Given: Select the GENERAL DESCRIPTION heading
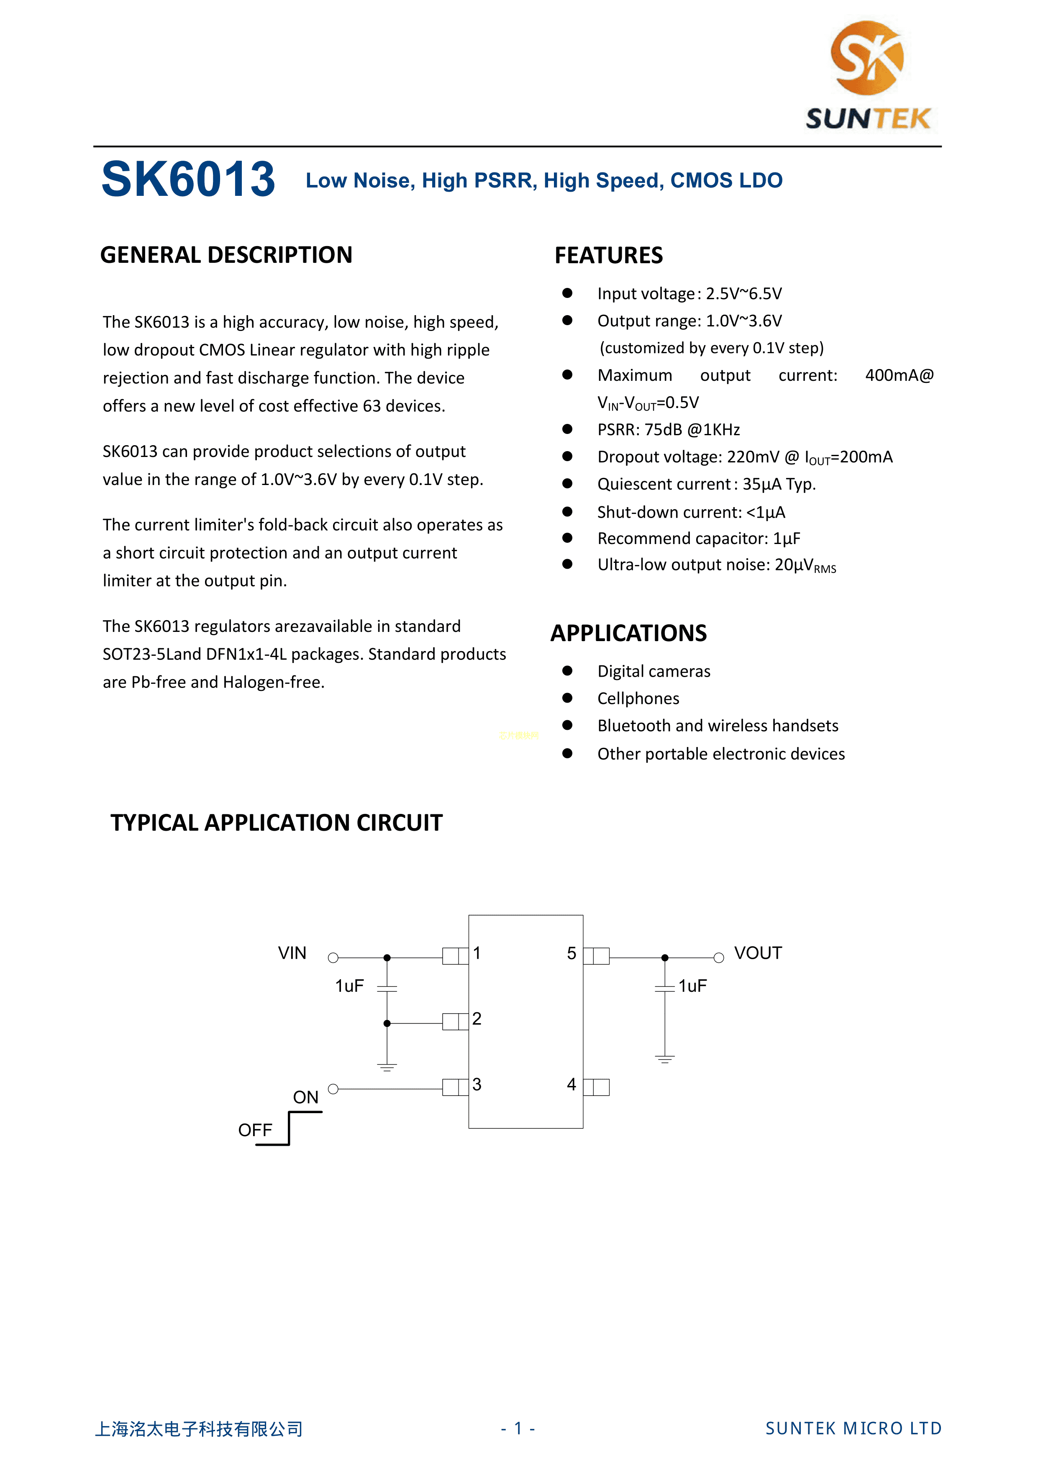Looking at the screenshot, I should click(226, 255).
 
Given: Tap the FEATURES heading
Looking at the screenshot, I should click(608, 256).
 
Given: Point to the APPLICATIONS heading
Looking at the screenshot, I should click(628, 633).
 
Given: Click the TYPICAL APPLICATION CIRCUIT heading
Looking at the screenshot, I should click(276, 823).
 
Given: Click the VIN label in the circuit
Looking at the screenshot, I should click(292, 953).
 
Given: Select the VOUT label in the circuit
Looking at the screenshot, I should click(757, 953).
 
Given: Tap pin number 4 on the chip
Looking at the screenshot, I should click(572, 1084).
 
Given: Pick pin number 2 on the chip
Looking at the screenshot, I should click(477, 1019).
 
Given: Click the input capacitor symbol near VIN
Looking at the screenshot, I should click(387, 988).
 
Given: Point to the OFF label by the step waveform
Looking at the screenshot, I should click(255, 1130).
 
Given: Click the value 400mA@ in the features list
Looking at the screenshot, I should click(899, 375).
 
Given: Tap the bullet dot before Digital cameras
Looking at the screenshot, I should click(567, 671).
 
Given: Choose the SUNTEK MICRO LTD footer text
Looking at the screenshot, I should click(853, 1428).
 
